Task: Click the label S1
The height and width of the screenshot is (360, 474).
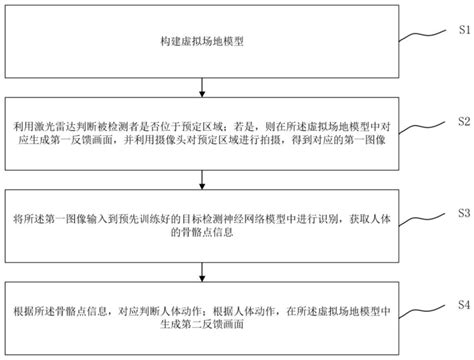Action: tap(462, 29)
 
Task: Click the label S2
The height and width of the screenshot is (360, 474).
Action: tap(462, 120)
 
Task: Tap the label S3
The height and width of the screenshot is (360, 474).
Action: tap(462, 213)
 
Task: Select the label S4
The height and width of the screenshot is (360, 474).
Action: tap(462, 303)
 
